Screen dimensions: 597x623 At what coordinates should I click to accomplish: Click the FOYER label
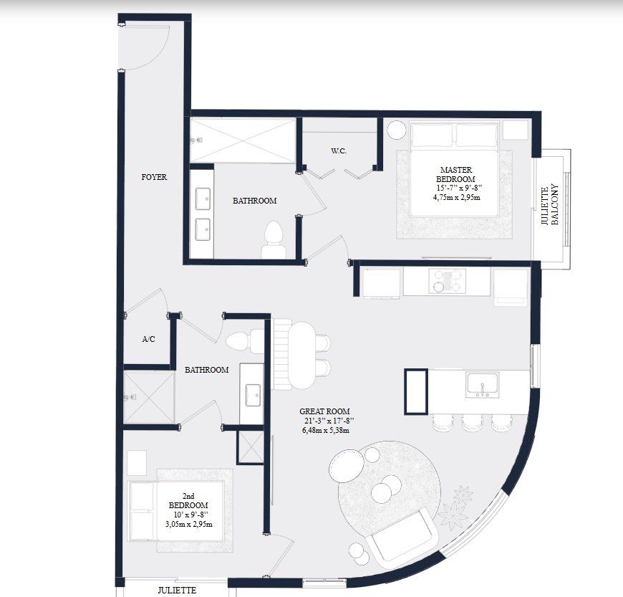click(154, 176)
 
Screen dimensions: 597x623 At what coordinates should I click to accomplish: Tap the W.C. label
click(339, 151)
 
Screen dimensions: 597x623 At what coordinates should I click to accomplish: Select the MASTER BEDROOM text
click(457, 174)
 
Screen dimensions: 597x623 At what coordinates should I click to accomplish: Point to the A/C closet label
click(148, 340)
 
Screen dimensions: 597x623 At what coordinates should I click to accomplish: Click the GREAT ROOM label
click(324, 411)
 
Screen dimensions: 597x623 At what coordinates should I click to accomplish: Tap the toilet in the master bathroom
click(274, 239)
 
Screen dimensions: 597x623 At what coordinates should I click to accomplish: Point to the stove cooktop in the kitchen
click(447, 281)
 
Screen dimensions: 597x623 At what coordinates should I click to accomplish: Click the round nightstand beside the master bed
click(396, 130)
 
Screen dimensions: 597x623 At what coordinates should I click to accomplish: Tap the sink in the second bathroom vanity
click(252, 394)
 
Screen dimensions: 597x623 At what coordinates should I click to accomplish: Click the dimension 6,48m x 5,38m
click(324, 431)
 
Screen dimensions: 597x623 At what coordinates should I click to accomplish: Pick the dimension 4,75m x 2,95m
click(457, 197)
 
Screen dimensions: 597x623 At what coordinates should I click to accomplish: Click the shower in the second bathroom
click(149, 396)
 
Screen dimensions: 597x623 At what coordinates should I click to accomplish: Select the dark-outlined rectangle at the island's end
click(416, 391)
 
